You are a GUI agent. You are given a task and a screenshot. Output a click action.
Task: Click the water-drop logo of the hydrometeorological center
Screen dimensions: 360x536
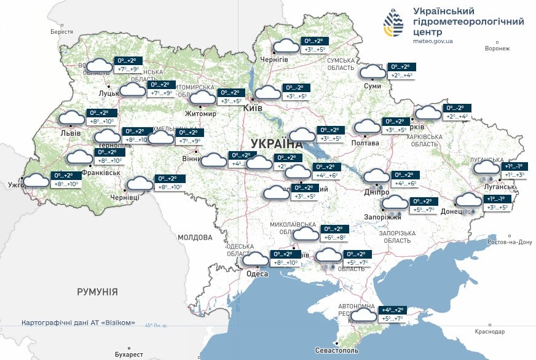[394, 23]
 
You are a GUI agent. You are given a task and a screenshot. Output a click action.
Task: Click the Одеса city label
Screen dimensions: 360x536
[257, 274]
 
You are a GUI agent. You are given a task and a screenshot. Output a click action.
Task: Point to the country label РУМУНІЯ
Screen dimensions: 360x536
[97, 292]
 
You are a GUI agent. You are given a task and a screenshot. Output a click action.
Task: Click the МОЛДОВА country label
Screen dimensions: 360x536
[195, 237]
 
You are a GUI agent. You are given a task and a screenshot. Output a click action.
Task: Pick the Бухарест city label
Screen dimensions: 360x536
[128, 354]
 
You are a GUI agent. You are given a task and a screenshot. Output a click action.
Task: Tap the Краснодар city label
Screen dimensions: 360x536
[490, 332]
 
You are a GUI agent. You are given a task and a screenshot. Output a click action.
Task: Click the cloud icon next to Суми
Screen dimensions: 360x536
[372, 71]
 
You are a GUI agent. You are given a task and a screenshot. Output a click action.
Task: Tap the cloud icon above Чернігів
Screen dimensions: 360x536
[286, 45]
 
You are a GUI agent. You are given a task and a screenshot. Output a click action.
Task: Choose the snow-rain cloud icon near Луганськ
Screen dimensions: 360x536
[486, 168]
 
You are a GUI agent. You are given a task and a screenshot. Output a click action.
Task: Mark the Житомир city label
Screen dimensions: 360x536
[201, 114]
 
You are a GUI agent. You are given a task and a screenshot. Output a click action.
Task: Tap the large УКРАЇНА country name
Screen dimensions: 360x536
[277, 143]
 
